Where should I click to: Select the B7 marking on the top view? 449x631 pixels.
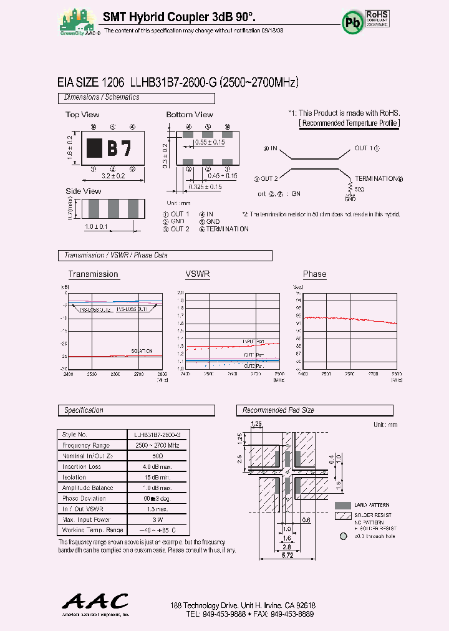118,148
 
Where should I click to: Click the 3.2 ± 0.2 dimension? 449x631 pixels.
113,176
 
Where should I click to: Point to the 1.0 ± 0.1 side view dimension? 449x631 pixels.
95,227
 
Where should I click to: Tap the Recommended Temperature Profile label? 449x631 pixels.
349,123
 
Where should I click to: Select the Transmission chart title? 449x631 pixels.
93,274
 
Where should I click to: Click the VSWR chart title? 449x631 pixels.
197,274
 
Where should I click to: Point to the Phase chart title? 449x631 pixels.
314,274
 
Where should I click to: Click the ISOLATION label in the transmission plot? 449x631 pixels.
142,351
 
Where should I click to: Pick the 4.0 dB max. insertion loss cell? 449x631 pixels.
157,466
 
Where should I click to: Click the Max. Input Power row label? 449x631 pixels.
86,519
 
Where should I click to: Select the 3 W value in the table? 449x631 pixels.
157,519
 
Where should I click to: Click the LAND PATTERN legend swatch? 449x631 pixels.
342,505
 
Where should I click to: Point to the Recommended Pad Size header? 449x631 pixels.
278,410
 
